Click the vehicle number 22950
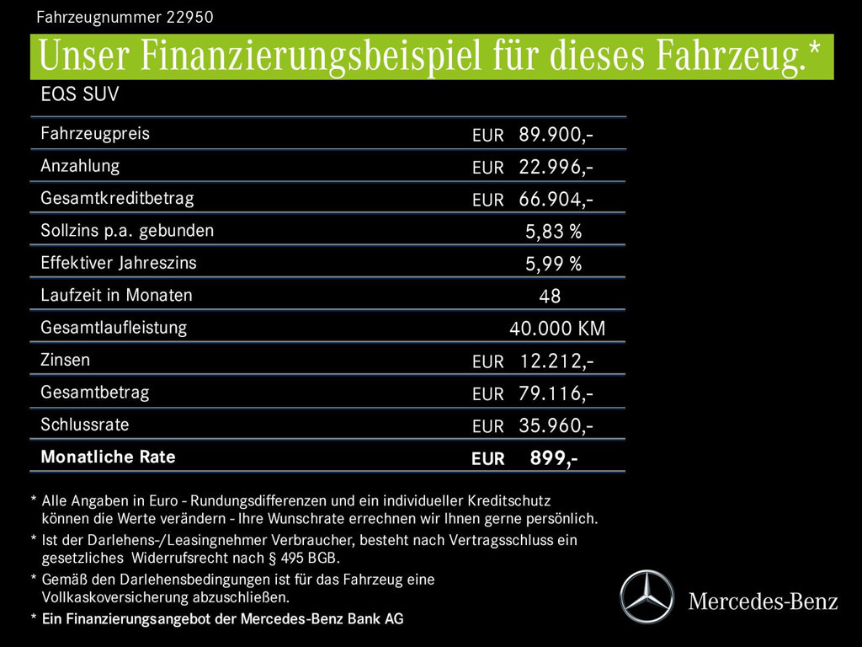pos(184,16)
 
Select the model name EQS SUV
pos(80,94)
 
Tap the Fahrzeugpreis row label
pos(95,133)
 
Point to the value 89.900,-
pos(556,134)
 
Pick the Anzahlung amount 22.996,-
pos(556,167)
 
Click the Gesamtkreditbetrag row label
pos(117,199)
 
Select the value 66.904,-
pos(556,200)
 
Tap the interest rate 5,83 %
pos(553,232)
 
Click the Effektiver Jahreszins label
pos(119,263)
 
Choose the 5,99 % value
pos(553,265)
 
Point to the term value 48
pos(550,297)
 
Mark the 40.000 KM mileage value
pos(557,329)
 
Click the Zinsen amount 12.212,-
pos(556,361)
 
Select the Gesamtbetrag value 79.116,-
pos(556,393)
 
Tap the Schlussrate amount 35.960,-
pos(556,426)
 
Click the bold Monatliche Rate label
pos(108,457)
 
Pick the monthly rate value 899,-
pos(553,458)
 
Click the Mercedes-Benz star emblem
pos(646,596)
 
